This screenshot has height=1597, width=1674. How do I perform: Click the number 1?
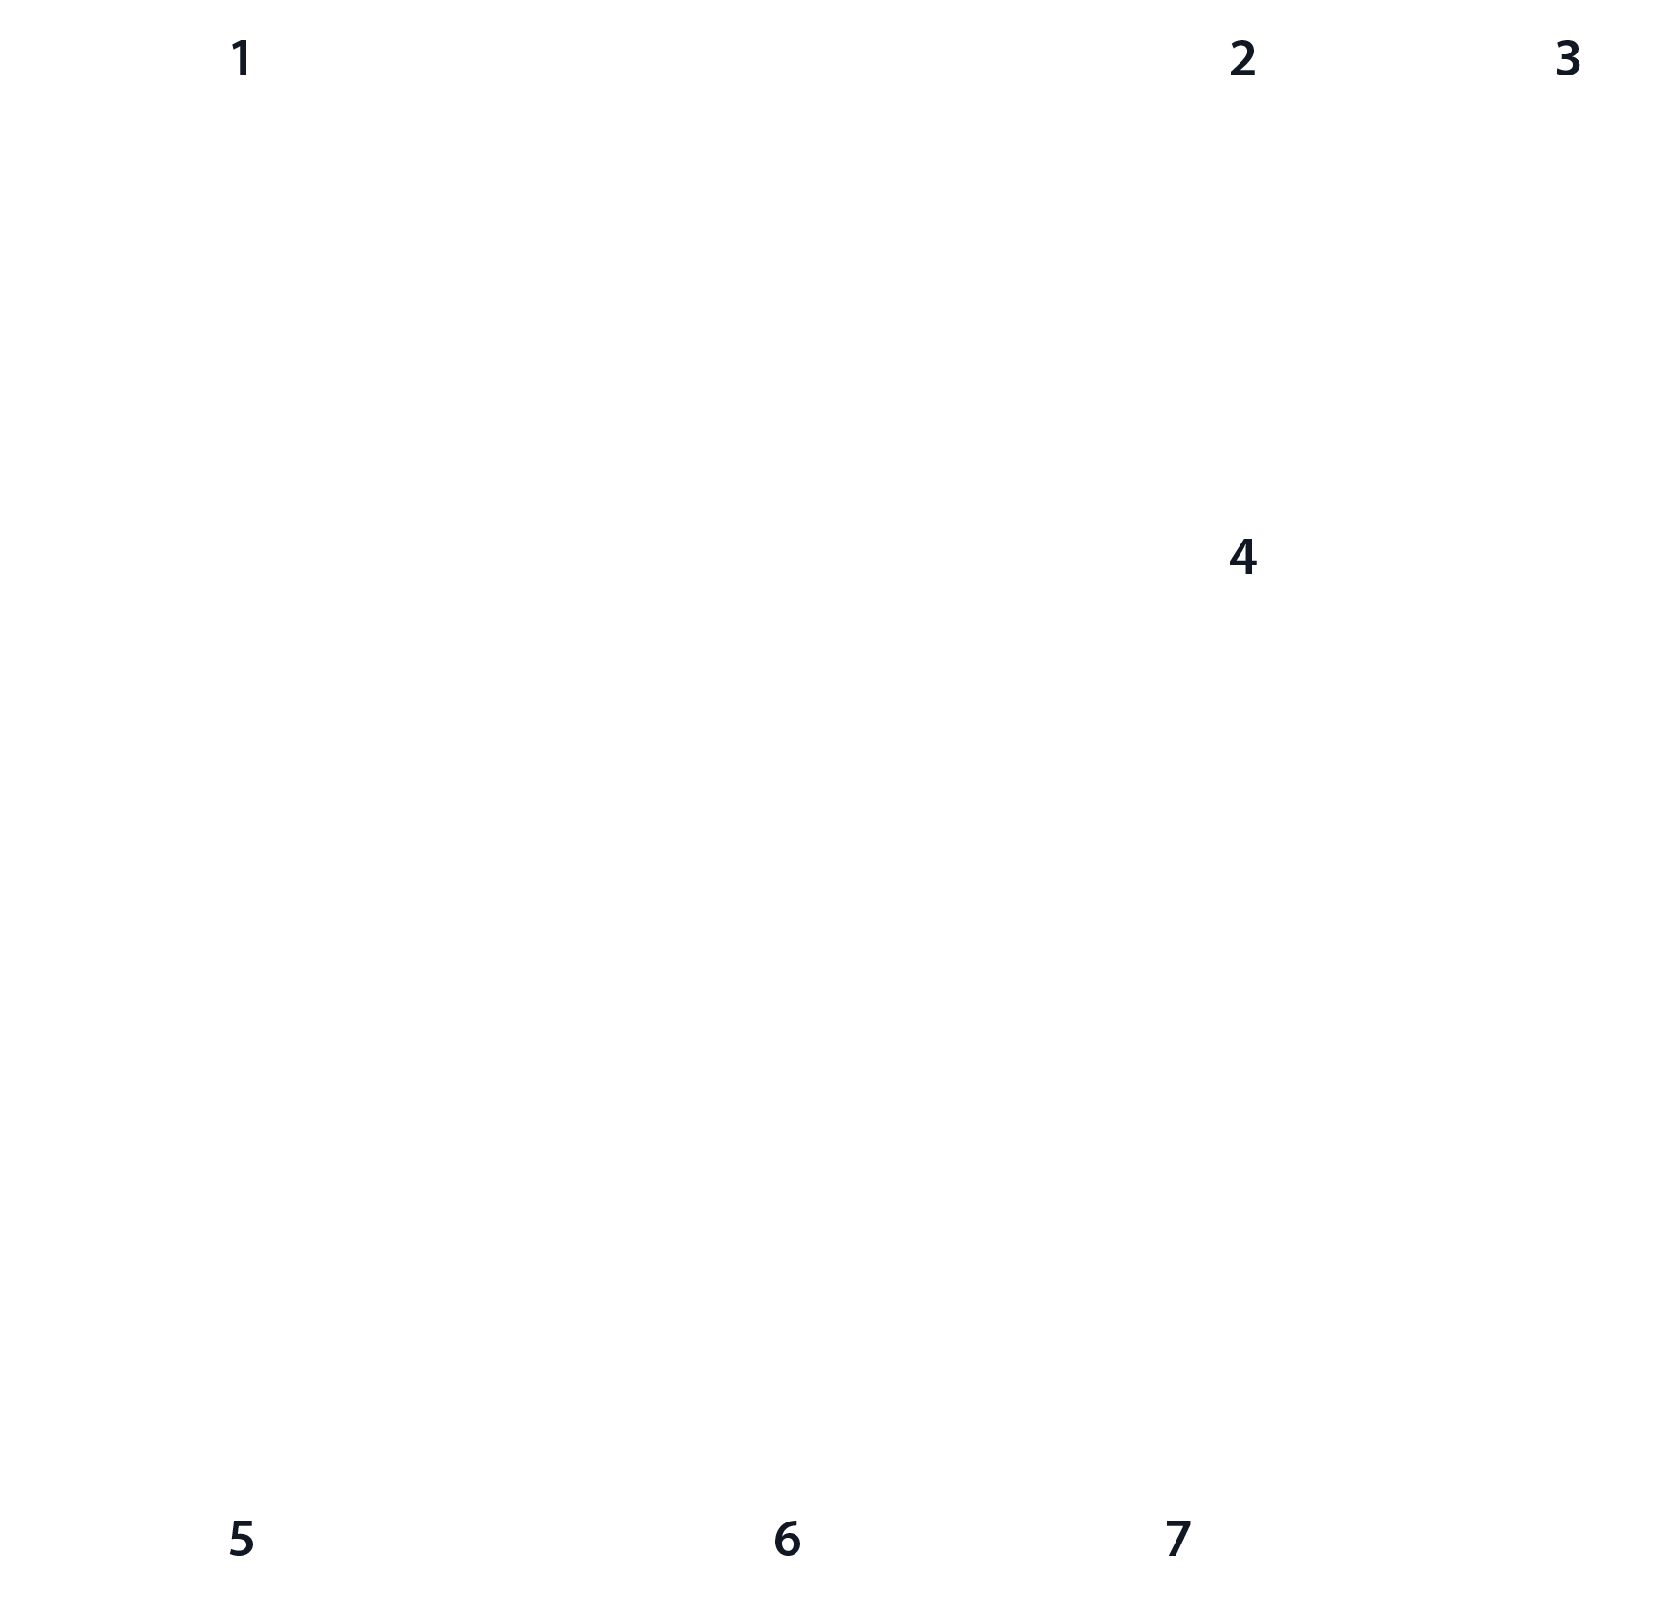[242, 59]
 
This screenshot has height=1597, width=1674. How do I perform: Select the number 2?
[1241, 59]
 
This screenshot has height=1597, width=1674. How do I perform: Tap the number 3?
[1568, 59]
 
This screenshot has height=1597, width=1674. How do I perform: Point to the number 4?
[1241, 557]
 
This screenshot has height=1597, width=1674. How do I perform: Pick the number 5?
[242, 1539]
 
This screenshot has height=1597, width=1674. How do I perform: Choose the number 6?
[787, 1539]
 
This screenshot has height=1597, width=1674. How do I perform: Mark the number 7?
[1178, 1539]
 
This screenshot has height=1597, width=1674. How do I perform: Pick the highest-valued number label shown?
[1178, 1539]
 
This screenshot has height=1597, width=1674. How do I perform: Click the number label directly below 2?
[1241, 557]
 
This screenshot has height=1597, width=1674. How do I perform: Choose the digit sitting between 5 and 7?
[787, 1539]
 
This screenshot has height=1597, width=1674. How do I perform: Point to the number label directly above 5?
[242, 59]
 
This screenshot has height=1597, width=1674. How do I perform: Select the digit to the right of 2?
[1568, 59]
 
